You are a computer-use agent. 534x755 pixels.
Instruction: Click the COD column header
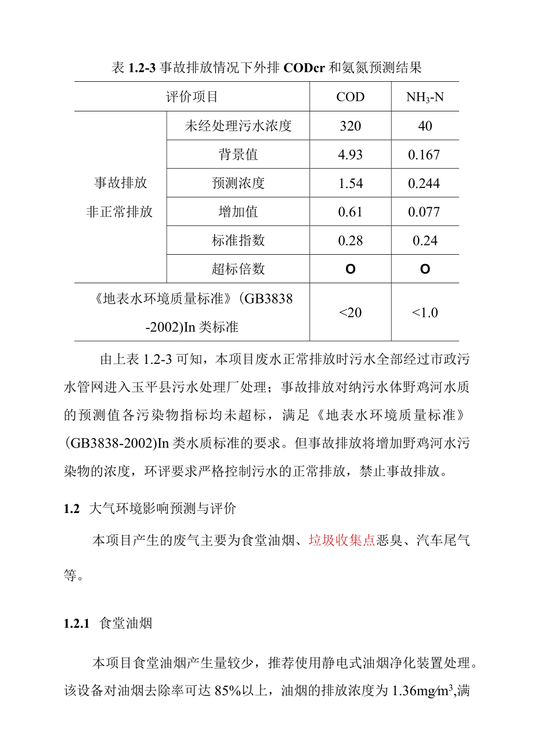coord(350,97)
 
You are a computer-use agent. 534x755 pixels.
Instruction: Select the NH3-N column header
coord(425,97)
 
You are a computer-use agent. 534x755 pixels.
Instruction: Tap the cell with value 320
coord(350,126)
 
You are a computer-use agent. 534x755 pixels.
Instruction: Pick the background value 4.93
coord(350,154)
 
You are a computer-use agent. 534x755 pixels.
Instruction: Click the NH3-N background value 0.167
coord(424,154)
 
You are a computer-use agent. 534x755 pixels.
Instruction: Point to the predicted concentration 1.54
coord(350,183)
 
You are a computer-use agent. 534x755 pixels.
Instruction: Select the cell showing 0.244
coord(424,183)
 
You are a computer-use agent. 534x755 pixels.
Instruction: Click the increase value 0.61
coord(350,212)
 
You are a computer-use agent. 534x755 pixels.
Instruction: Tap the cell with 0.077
coord(424,212)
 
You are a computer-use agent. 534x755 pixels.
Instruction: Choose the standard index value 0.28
coord(350,240)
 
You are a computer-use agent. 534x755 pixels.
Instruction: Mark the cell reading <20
coord(350,312)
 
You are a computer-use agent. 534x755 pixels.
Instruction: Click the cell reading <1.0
coord(425,312)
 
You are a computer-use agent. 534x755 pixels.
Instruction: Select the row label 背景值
coord(238,154)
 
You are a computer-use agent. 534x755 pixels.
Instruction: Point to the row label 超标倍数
coord(238,269)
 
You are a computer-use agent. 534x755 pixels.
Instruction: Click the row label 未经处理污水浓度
coord(238,126)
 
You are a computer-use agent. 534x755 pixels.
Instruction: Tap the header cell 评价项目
coord(192,97)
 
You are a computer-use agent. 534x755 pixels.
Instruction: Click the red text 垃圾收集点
coord(341,541)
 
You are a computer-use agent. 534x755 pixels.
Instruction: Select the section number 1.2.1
coord(75,624)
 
